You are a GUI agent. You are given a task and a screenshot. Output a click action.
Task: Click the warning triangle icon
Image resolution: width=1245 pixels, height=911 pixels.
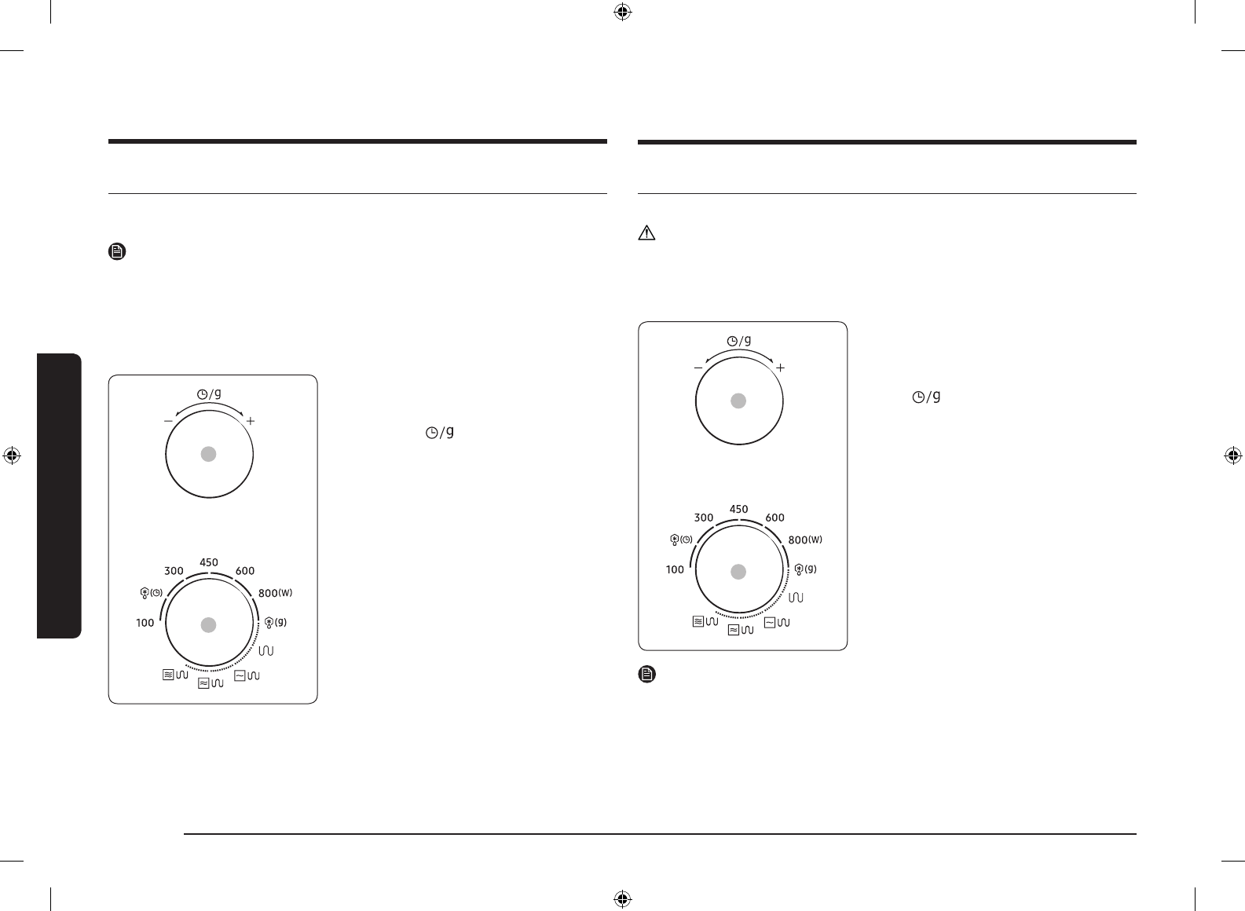coord(646,233)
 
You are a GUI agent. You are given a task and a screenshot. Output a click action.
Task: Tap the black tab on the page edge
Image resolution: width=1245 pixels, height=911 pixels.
coord(60,496)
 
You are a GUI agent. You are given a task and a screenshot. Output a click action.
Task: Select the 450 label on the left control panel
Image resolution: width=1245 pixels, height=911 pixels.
coord(209,562)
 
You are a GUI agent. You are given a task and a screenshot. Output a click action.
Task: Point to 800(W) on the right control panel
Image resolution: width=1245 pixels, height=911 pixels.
coord(805,540)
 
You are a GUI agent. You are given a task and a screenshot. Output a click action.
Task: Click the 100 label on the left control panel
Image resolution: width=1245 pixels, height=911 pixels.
coord(145,623)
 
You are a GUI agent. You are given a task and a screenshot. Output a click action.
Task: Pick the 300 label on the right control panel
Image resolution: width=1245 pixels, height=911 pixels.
coord(704,518)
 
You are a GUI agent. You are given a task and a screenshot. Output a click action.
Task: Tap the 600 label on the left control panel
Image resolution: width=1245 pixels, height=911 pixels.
coord(244,571)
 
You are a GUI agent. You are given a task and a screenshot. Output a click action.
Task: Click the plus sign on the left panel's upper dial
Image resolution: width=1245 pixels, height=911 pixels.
coord(251,421)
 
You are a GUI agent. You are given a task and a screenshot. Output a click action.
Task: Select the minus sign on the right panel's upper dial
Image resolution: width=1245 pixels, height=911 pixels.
coord(698,368)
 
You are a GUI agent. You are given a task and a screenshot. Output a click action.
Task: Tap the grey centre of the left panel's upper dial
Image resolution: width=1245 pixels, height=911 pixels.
coord(208,454)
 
